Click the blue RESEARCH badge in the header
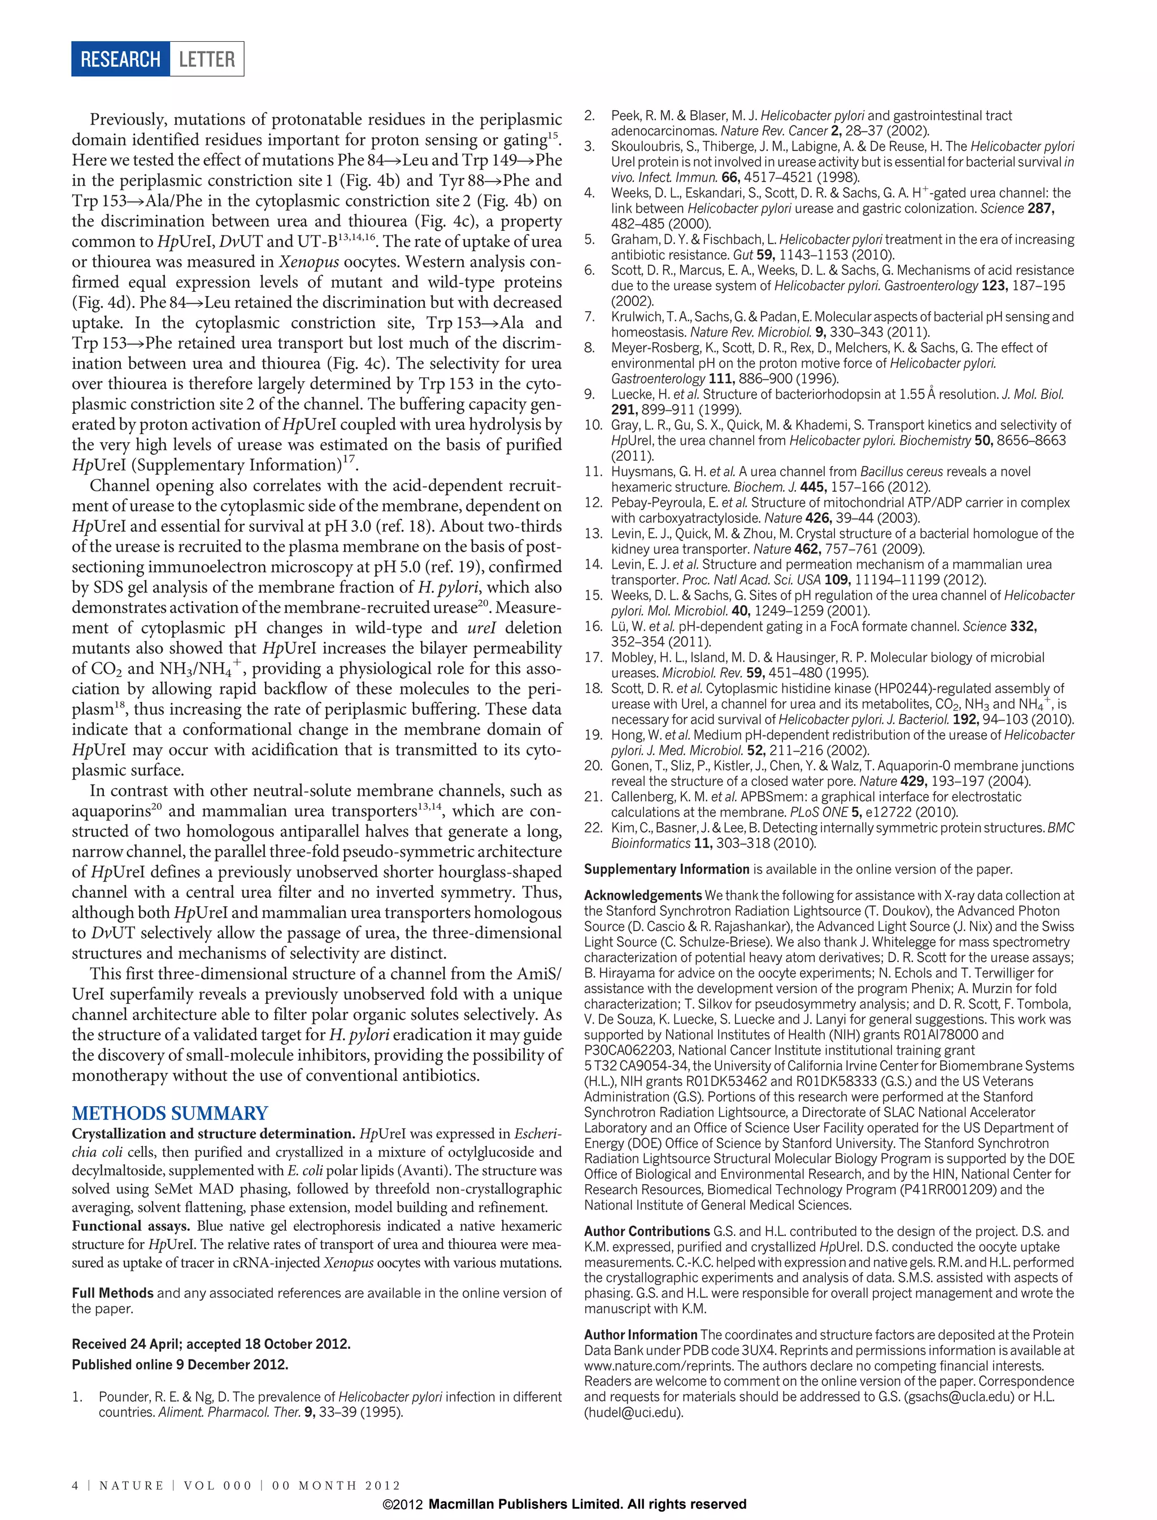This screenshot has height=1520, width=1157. (x=120, y=59)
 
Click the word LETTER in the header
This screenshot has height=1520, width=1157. (x=207, y=59)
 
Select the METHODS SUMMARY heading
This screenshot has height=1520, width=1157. (x=169, y=1113)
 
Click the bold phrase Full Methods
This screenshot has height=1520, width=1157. (x=113, y=1293)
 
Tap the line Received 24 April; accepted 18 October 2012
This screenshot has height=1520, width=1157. (x=211, y=1344)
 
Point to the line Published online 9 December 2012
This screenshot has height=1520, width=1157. (x=180, y=1364)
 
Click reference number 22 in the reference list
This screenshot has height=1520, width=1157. (x=593, y=827)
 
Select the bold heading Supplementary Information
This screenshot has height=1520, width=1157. (x=666, y=870)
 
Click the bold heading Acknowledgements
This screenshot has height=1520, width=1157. (x=642, y=896)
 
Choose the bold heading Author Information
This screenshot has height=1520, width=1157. (x=641, y=1335)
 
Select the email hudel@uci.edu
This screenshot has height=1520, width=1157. (x=634, y=1412)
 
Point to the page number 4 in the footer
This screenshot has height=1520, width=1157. (x=75, y=1485)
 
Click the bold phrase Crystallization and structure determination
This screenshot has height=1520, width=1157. (x=214, y=1134)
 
